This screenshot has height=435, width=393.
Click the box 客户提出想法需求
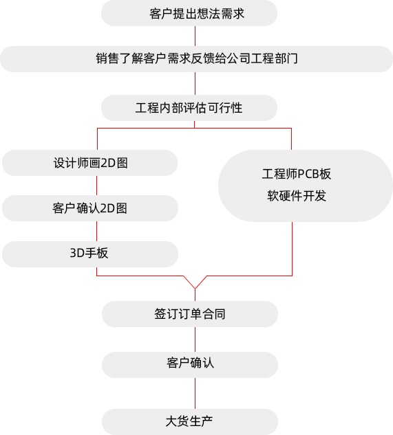tap(189, 13)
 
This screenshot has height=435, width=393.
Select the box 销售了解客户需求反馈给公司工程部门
tap(197, 59)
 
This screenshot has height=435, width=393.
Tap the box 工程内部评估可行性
tap(189, 108)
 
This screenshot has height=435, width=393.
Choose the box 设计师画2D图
tap(89, 163)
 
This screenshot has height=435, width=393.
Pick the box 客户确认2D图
tap(90, 208)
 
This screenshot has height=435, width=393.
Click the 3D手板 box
tap(90, 254)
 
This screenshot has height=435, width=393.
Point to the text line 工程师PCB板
tap(297, 175)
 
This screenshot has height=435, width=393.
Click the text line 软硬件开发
tap(297, 196)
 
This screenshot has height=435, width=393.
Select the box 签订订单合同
tap(190, 314)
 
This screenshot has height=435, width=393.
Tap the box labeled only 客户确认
tap(190, 365)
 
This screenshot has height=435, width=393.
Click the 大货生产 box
tap(190, 422)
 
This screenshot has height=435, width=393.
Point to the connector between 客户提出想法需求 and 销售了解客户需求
tap(195, 36)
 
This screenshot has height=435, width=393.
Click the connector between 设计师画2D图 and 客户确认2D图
tap(97, 186)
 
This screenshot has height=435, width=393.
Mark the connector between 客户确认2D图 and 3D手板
tap(97, 231)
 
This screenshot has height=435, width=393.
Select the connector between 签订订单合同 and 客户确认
tap(195, 339)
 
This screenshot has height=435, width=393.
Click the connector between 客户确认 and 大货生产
tap(195, 393)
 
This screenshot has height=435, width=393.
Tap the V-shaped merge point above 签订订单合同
tap(195, 289)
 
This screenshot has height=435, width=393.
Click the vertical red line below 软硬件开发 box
tap(292, 249)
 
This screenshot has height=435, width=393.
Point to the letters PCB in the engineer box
tap(308, 175)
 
